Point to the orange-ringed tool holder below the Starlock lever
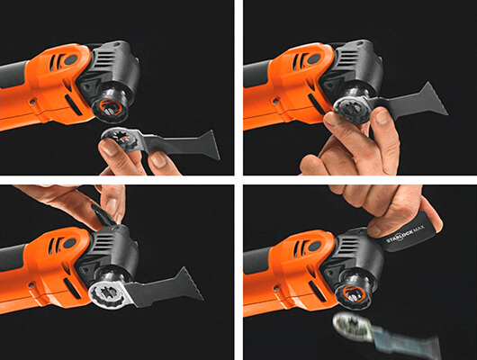(353, 294)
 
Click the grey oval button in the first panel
(71, 59)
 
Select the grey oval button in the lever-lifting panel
(69, 243)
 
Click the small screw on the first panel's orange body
(31, 103)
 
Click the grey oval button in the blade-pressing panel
(314, 58)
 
